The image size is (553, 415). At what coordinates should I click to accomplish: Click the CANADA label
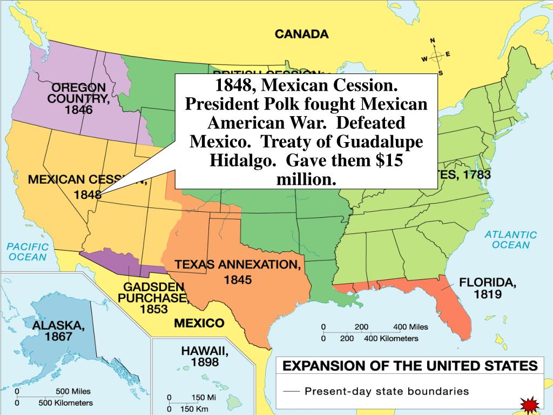(x=301, y=34)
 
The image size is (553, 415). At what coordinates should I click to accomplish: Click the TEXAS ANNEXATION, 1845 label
(x=237, y=272)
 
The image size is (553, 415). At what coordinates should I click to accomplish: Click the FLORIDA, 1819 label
(x=487, y=288)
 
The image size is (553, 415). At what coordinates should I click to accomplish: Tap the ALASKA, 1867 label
(x=58, y=331)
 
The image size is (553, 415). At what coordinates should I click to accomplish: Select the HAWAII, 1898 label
(x=205, y=357)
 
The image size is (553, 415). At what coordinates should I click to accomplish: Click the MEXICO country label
(x=199, y=323)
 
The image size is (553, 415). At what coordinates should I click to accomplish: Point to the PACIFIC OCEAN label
(x=27, y=252)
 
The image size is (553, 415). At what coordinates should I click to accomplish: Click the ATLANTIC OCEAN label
(x=510, y=239)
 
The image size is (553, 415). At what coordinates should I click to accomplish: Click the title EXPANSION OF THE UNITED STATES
(x=410, y=366)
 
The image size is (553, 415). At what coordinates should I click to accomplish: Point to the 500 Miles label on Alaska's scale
(x=73, y=391)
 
